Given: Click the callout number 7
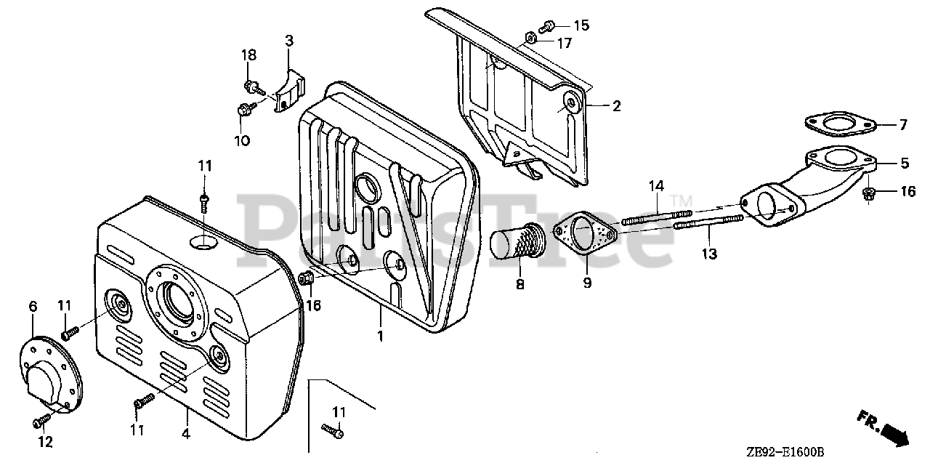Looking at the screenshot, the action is coord(903,125).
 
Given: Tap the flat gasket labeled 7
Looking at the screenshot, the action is coord(840,126).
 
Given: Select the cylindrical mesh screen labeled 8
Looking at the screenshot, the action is coord(518,243).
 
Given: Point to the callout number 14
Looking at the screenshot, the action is coord(657,187).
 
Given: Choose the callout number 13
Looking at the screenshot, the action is coord(709,254).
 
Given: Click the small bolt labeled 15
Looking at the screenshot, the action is coord(549,26).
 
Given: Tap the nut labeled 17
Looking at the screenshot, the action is coord(530,37).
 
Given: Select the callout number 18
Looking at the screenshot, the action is coord(249,55).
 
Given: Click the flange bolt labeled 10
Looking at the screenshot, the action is coord(243,110).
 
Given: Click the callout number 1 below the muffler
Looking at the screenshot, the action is coord(380,336).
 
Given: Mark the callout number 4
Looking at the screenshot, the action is coord(186,434).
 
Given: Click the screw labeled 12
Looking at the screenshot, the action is coord(43,419).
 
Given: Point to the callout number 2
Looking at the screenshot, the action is coord(617,106).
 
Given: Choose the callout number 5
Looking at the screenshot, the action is coord(905,164).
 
